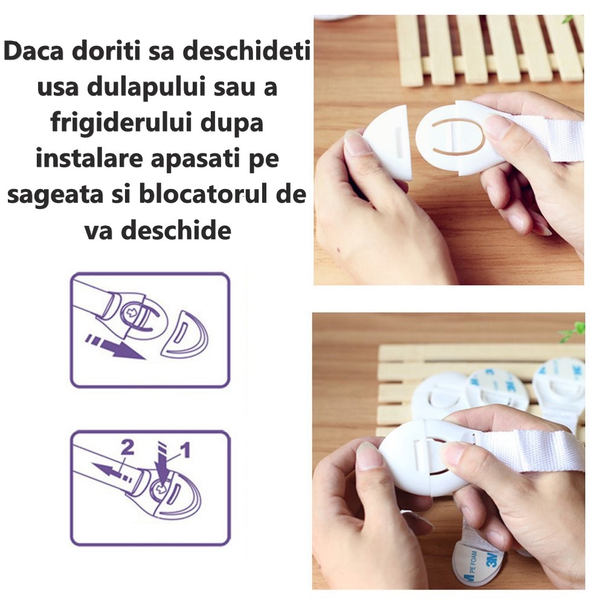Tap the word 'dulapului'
[x=146, y=88]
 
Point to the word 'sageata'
[x=56, y=195]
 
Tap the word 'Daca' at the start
[x=33, y=51]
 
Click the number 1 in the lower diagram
[x=185, y=449]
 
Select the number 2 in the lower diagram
[x=127, y=447]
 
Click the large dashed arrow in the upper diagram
[x=115, y=347]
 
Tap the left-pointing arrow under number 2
[x=112, y=471]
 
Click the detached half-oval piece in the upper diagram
[x=184, y=334]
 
